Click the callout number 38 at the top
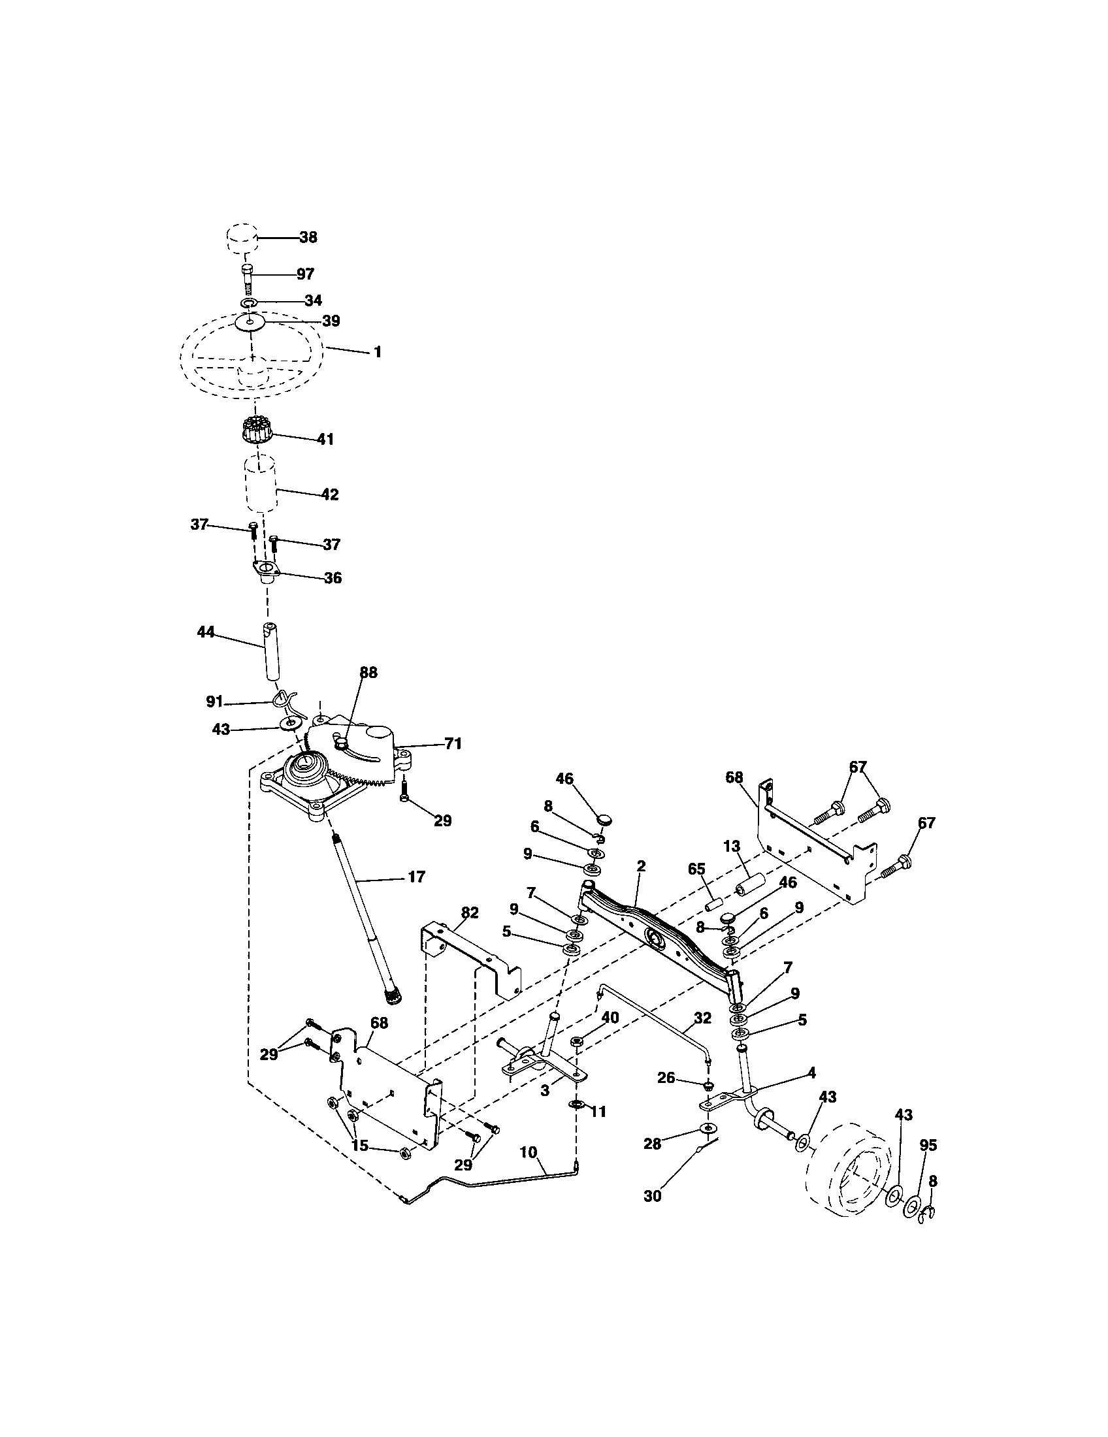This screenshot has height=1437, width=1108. point(308,237)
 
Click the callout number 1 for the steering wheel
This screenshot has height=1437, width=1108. point(377,352)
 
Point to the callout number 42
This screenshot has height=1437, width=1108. point(330,494)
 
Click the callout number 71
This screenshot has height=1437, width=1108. point(453,744)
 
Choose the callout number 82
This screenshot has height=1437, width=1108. point(470,912)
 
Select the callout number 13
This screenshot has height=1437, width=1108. point(732,846)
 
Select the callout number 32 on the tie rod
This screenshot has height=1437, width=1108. point(702,1018)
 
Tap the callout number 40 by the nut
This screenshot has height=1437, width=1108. point(610,1017)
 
